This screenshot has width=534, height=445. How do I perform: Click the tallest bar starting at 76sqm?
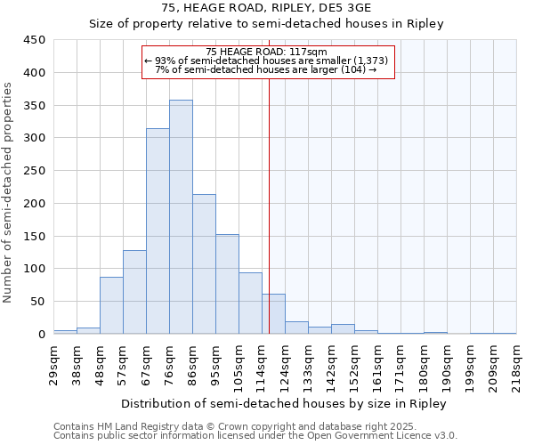[181, 217]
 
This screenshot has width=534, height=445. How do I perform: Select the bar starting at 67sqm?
[158, 231]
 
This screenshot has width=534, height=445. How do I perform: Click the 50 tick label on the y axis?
[38, 302]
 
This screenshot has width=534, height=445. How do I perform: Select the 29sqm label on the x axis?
[54, 360]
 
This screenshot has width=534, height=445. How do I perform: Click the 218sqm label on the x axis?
[516, 360]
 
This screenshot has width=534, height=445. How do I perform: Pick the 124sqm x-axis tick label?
[286, 360]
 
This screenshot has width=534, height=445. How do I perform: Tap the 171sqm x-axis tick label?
[401, 360]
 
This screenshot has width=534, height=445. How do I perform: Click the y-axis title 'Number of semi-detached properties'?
[9, 191]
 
